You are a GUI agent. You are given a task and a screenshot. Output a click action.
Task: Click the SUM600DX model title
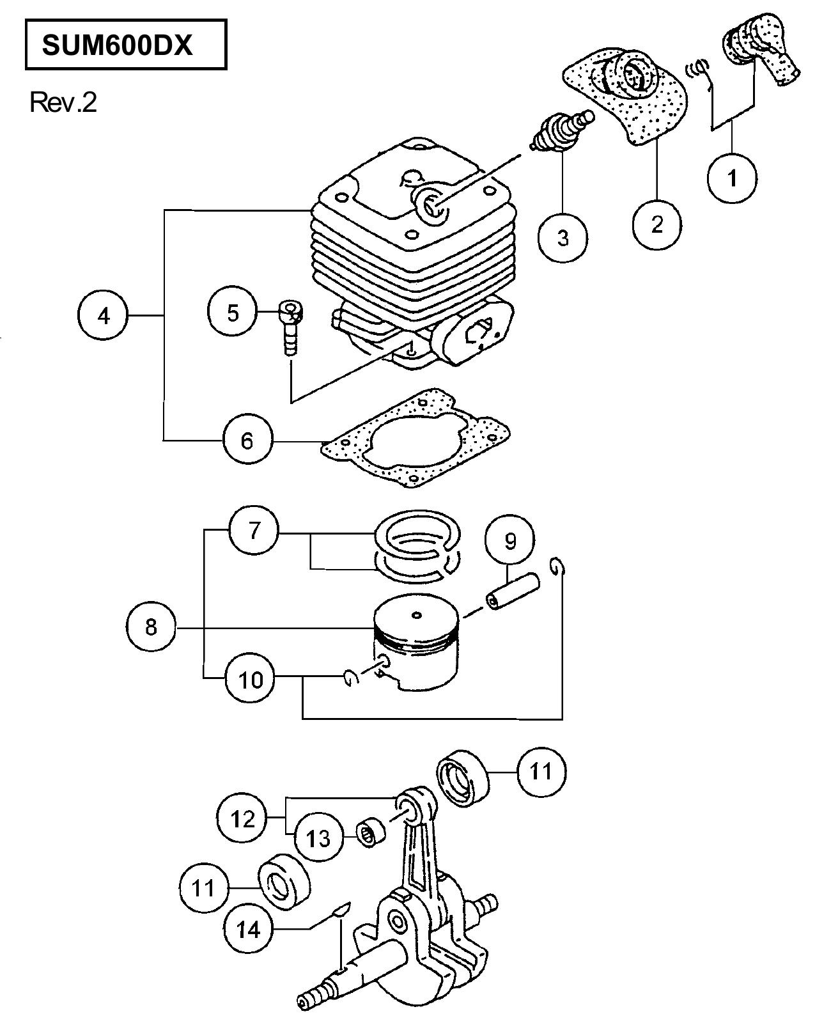click(117, 45)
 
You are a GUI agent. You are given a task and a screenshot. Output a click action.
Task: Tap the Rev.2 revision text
click(63, 102)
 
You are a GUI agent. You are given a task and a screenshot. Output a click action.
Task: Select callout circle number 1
click(732, 178)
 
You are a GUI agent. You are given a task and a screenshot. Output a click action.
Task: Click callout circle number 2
click(656, 224)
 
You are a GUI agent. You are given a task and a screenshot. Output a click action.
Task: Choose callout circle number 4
click(103, 315)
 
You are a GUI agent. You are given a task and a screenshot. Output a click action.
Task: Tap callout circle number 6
click(247, 439)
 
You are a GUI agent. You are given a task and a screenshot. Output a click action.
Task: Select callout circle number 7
click(254, 531)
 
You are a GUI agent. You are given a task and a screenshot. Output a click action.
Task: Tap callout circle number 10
click(251, 680)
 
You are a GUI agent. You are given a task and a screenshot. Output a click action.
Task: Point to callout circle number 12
click(242, 818)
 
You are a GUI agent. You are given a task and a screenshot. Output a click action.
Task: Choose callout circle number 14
click(249, 930)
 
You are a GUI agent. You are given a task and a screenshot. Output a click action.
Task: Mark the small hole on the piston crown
click(417, 615)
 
